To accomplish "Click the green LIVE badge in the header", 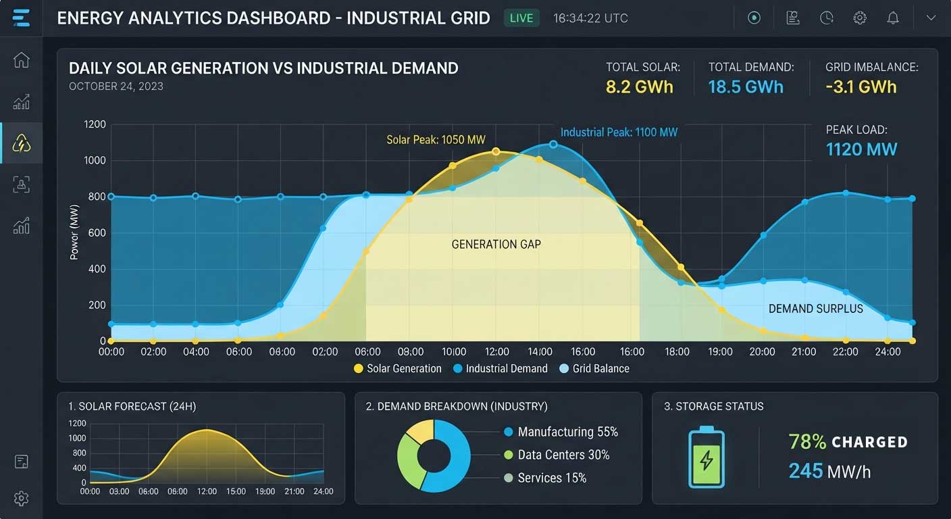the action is coord(521,18).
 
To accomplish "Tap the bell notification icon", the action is coord(893,18).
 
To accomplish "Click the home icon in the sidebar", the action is coord(21,59).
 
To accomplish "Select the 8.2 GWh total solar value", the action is coord(640,87).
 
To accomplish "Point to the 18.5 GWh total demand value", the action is coord(746,87).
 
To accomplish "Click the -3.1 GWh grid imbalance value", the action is coord(861,87).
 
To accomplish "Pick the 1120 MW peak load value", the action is coord(861,149).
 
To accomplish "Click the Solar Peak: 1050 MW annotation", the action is coord(436,140).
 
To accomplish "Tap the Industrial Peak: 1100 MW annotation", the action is coord(619,132).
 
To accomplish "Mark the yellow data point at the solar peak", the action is coord(496,151).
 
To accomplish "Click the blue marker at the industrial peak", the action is coord(553,145).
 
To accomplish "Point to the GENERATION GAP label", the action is coord(496,245).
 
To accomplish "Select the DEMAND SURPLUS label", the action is coord(816,309).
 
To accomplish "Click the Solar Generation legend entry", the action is coord(398,369).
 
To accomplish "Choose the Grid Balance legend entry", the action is coord(595,369).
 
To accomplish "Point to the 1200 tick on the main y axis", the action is coord(95,124).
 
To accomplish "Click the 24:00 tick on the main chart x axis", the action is coord(888,351).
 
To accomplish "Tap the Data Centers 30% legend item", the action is coord(557,455).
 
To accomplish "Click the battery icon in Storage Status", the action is coord(706,457).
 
